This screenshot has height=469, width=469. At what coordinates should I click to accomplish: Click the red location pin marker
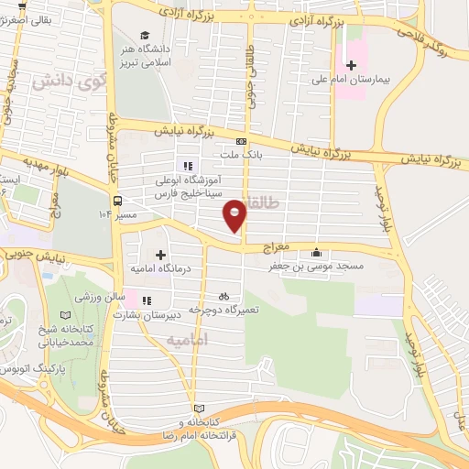(235, 214)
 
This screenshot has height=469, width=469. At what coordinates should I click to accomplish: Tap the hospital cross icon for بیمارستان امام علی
(351, 65)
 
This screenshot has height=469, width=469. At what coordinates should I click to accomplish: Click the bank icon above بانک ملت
(241, 141)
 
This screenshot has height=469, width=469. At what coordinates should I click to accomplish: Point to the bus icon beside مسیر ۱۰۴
(117, 201)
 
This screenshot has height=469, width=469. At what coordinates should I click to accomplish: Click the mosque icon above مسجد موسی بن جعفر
(317, 253)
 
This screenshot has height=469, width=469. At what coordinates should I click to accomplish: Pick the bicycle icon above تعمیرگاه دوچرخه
(224, 297)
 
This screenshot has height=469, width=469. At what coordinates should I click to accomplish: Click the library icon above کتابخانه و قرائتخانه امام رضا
(201, 409)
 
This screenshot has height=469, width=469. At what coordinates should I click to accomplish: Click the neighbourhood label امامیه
(188, 340)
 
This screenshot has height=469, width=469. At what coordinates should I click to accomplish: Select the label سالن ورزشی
(98, 299)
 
